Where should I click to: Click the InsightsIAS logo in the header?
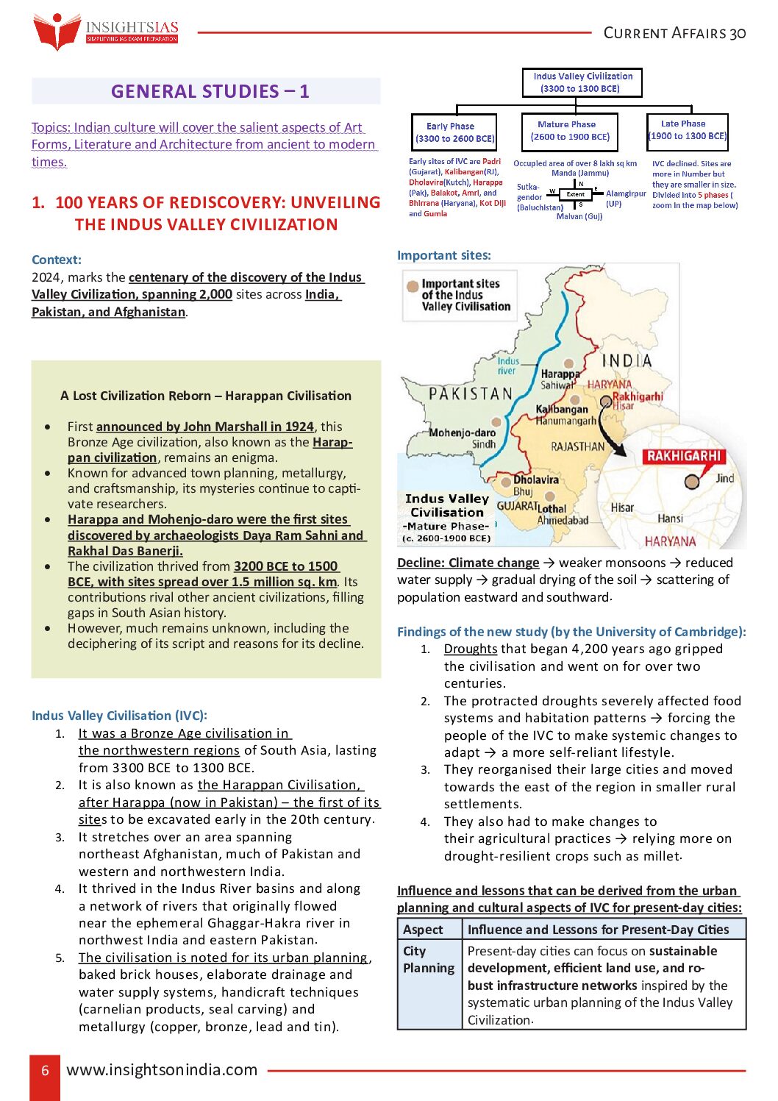pos(106,32)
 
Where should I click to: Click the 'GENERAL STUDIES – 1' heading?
pos(210,91)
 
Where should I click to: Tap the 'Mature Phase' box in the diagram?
pos(569,131)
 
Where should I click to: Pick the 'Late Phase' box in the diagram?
pos(687,130)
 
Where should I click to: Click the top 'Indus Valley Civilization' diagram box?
pos(582,82)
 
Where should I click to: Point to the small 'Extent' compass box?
pos(575,195)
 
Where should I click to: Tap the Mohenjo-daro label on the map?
pos(463,432)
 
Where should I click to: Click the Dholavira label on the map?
pos(536,480)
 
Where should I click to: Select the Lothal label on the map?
pos(552,508)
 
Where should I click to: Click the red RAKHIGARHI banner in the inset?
pos(683,456)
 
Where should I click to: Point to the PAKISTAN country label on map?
pos(471,393)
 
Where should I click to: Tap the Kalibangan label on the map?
pos(562,409)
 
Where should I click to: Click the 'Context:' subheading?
pos(57,260)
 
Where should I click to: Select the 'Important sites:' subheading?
pos(443,255)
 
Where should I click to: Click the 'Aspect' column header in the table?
pos(424,930)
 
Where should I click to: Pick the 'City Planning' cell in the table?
pos(429,960)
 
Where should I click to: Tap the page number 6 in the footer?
pos(45,1070)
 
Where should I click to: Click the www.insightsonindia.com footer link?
pos(163,1070)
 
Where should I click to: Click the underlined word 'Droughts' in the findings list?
pos(471,649)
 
